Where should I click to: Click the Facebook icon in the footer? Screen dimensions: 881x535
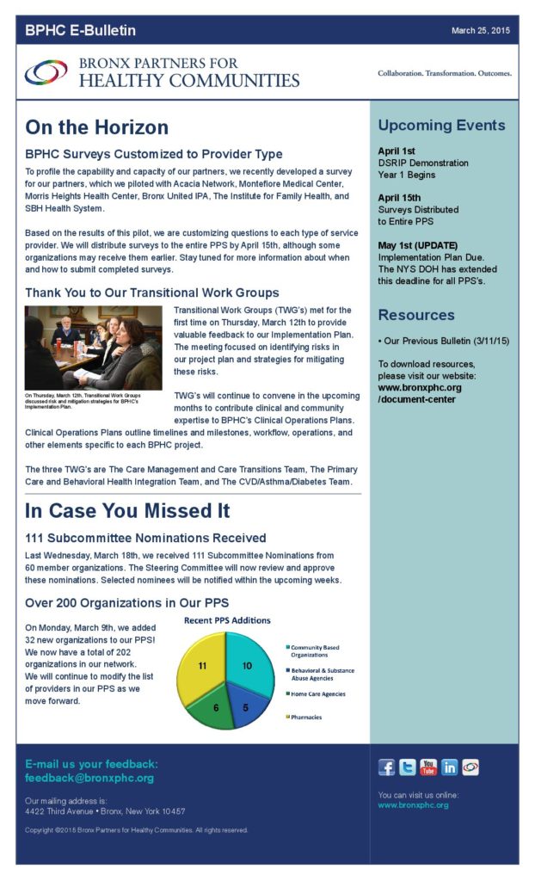point(387,767)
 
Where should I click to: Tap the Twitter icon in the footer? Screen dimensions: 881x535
point(408,767)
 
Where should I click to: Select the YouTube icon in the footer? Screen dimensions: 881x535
point(428,767)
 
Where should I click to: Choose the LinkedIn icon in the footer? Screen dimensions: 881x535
point(449,767)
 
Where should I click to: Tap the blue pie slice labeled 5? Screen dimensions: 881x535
point(243,707)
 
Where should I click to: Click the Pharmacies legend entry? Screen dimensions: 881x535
point(305,717)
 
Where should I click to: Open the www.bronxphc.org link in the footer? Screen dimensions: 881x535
point(413,805)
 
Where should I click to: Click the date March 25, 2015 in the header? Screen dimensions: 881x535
point(481,31)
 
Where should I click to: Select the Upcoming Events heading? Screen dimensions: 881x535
point(441,126)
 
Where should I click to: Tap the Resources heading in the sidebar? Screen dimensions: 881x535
point(416,315)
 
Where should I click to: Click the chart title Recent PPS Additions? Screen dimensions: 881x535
point(227,620)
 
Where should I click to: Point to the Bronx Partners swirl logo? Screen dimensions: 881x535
point(46,73)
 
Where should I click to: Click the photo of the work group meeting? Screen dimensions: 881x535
point(93,348)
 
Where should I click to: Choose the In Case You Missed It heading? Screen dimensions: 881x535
point(127,510)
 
